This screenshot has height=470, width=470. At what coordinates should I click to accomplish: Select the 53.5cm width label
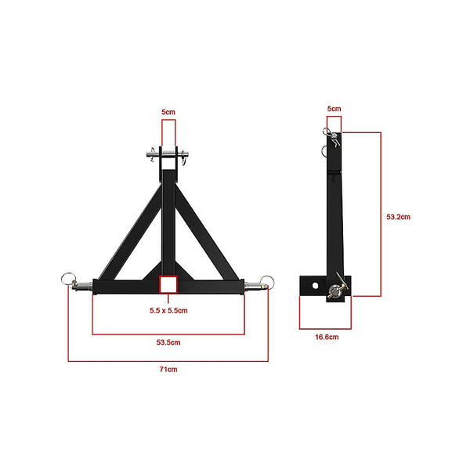(168, 342)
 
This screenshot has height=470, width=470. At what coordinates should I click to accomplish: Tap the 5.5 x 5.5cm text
(168, 310)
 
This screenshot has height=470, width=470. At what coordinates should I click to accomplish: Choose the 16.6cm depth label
(327, 337)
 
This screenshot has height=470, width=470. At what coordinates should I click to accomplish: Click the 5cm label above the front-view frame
(168, 113)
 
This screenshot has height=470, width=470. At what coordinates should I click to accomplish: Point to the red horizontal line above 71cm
(168, 360)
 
